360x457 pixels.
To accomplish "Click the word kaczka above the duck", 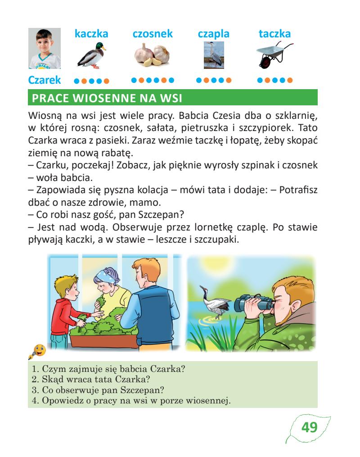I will tap(91, 34).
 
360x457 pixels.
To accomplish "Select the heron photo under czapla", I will tap(214, 55).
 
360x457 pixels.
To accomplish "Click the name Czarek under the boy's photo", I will tap(44, 81).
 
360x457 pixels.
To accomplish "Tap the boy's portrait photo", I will tap(44, 49).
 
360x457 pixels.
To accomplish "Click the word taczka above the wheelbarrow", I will tap(274, 34).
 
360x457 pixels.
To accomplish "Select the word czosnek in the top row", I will tap(153, 34).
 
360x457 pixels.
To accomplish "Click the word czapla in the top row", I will tap(214, 34).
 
